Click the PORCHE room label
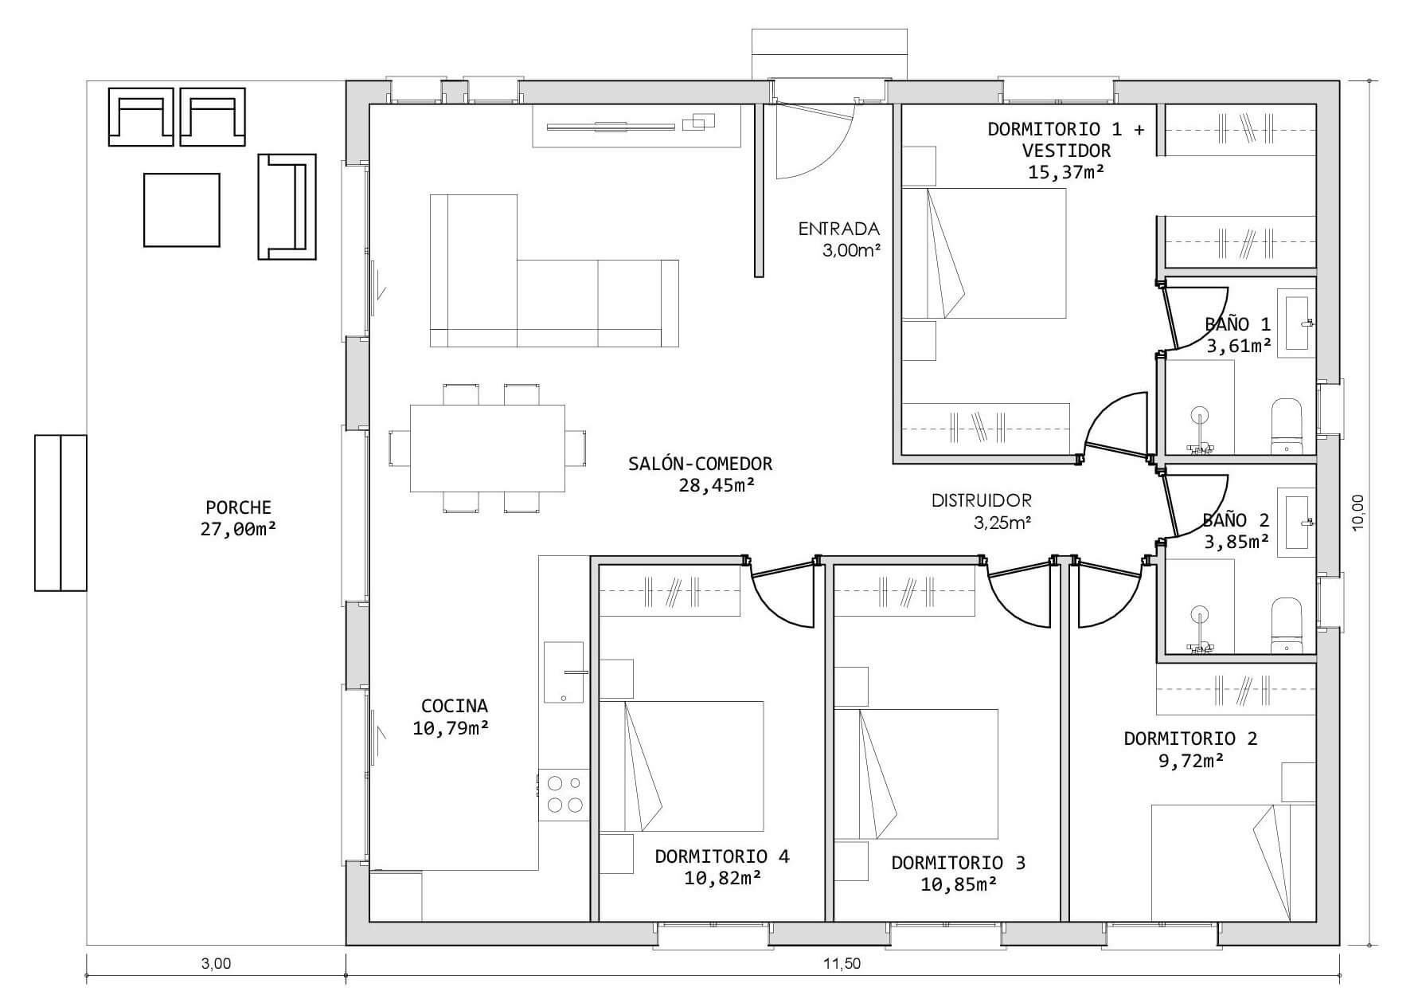[238, 507]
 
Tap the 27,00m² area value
[238, 529]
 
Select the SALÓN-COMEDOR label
[700, 463]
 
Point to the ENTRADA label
[838, 229]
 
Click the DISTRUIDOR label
[982, 500]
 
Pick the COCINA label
[454, 706]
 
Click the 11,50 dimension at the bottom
[842, 963]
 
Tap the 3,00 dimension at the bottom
[216, 963]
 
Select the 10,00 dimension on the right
[1358, 512]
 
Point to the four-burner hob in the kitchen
[564, 794]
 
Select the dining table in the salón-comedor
[487, 449]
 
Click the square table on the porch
[182, 210]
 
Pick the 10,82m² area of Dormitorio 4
[722, 878]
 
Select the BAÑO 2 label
[1236, 520]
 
